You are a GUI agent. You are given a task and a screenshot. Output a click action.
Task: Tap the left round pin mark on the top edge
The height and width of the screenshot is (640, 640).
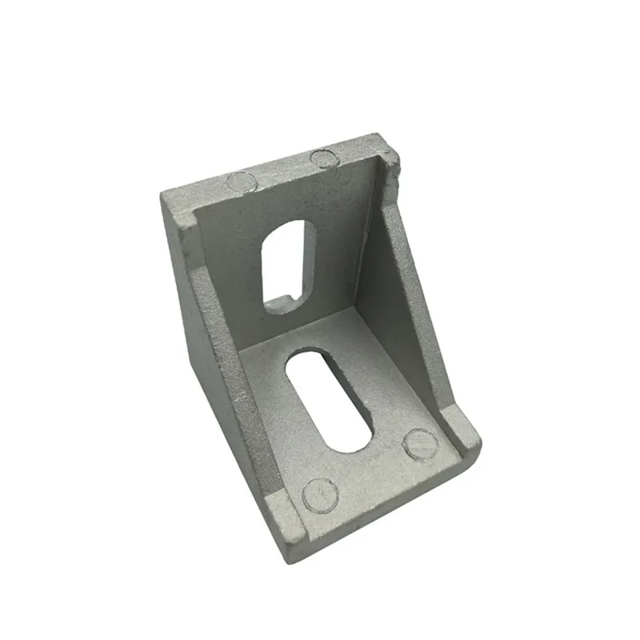[x=239, y=182]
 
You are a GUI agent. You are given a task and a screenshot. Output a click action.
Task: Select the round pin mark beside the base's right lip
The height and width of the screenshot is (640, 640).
[x=419, y=444]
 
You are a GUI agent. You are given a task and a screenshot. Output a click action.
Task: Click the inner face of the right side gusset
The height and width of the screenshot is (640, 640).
[x=404, y=304]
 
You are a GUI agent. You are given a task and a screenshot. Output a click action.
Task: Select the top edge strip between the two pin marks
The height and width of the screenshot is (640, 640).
[x=280, y=169]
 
